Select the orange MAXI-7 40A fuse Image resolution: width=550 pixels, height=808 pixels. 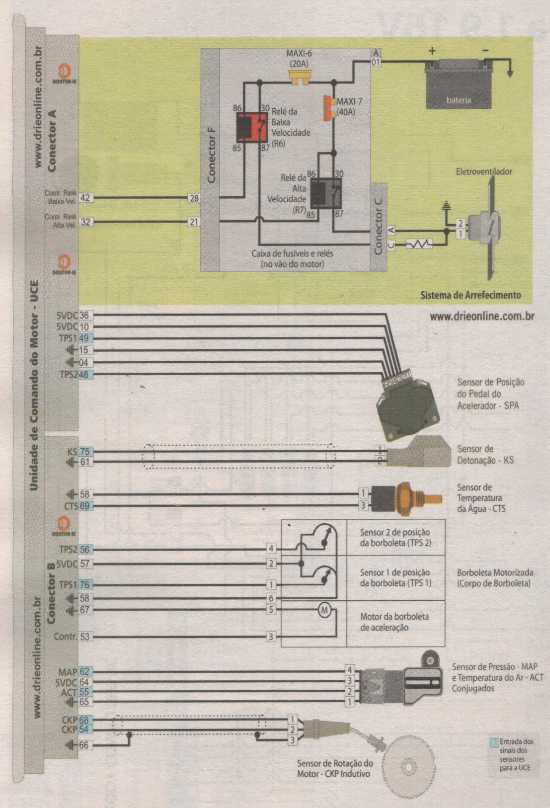pyautogui.click(x=329, y=107)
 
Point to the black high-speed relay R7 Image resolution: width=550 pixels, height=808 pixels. pyautogui.click(x=325, y=193)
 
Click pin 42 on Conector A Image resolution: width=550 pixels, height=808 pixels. pyautogui.click(x=85, y=198)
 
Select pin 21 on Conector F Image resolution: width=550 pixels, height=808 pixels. pyautogui.click(x=194, y=222)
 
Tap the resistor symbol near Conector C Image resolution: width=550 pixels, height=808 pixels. pyautogui.click(x=419, y=244)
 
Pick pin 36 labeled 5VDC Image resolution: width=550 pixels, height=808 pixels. pyautogui.click(x=84, y=315)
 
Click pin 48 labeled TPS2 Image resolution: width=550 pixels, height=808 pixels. pyautogui.click(x=84, y=375)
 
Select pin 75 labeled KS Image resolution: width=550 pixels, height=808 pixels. pyautogui.click(x=85, y=452)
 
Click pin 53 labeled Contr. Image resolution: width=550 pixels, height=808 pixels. pyautogui.click(x=85, y=637)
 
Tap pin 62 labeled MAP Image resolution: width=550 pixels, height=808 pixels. pyautogui.click(x=84, y=672)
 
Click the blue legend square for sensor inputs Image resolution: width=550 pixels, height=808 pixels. pyautogui.click(x=494, y=742)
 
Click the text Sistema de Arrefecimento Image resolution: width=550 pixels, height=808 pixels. pyautogui.click(x=471, y=295)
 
